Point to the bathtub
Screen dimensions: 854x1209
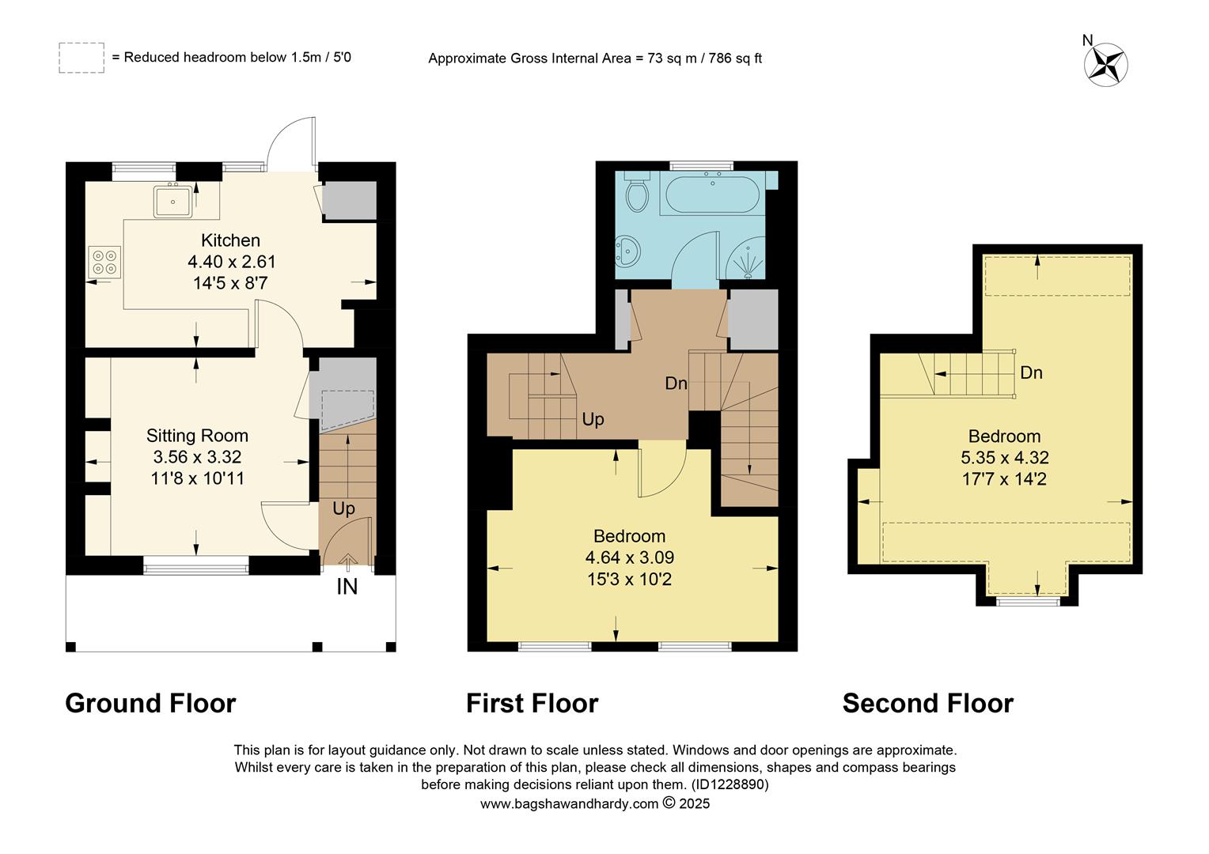coord(711,195)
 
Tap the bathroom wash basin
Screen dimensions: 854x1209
coord(630,251)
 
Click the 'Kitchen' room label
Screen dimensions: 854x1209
coord(230,240)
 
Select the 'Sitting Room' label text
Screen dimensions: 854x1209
coord(197,436)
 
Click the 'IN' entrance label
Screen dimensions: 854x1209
coord(347,587)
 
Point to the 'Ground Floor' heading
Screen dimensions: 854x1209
coord(150,703)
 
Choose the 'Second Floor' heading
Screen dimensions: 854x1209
coord(927,703)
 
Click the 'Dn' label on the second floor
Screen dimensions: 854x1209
coord(1031,372)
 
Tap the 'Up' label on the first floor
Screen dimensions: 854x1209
coord(593,419)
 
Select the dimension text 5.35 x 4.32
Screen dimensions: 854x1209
coord(1004,458)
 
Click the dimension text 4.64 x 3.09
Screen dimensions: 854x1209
coord(629,557)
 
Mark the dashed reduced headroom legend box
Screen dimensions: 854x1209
coord(81,58)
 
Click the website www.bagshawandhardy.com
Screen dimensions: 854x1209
coord(569,804)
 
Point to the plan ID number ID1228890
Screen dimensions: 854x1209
coord(729,785)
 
